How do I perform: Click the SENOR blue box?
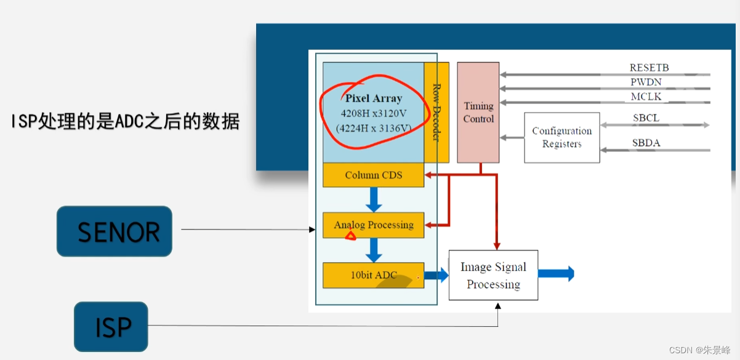pyautogui.click(x=115, y=231)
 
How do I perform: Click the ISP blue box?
pyautogui.click(x=111, y=327)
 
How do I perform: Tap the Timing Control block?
pyautogui.click(x=478, y=113)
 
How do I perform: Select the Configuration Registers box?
pyautogui.click(x=561, y=137)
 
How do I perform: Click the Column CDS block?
pyautogui.click(x=373, y=175)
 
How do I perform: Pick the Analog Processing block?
pyautogui.click(x=373, y=225)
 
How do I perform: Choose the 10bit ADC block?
pyautogui.click(x=373, y=275)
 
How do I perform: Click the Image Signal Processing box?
pyautogui.click(x=493, y=275)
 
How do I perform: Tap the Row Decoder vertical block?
pyautogui.click(x=436, y=113)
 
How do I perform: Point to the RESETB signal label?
pyautogui.click(x=649, y=68)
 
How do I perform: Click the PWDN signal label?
pyautogui.click(x=646, y=82)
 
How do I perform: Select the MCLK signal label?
pyautogui.click(x=646, y=97)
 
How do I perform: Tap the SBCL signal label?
pyautogui.click(x=646, y=118)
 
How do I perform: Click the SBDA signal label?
pyautogui.click(x=646, y=143)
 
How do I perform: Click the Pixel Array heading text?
pyautogui.click(x=373, y=98)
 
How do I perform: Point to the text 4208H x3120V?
pyautogui.click(x=373, y=113)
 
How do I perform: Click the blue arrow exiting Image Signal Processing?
pyautogui.click(x=557, y=274)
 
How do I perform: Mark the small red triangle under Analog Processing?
pyautogui.click(x=350, y=234)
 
